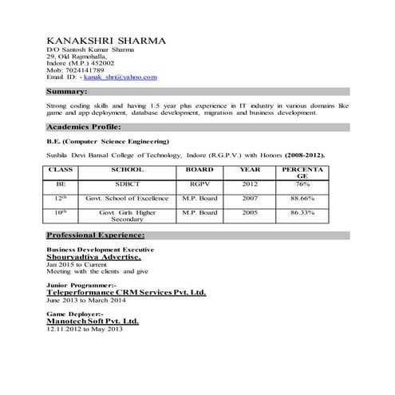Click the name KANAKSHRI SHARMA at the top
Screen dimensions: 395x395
pos(106,39)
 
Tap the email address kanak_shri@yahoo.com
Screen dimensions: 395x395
pos(123,77)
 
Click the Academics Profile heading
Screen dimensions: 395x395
pos(84,127)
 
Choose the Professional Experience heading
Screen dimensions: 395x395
pos(96,235)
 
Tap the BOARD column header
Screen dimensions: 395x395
pos(199,169)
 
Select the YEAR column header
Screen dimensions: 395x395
pos(250,169)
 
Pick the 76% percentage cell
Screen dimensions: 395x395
pos(302,184)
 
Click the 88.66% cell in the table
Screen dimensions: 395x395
pos(302,197)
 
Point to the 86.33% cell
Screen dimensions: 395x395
pos(302,213)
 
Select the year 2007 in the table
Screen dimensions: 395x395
pos(250,197)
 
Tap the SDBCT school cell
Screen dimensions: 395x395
pos(127,184)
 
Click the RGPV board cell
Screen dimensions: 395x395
pos(199,184)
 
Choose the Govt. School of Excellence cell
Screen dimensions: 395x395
pos(127,197)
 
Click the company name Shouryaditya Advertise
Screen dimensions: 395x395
pos(94,258)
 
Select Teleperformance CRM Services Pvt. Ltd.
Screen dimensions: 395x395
pos(126,293)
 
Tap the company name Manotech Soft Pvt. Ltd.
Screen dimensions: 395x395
pos(93,321)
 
